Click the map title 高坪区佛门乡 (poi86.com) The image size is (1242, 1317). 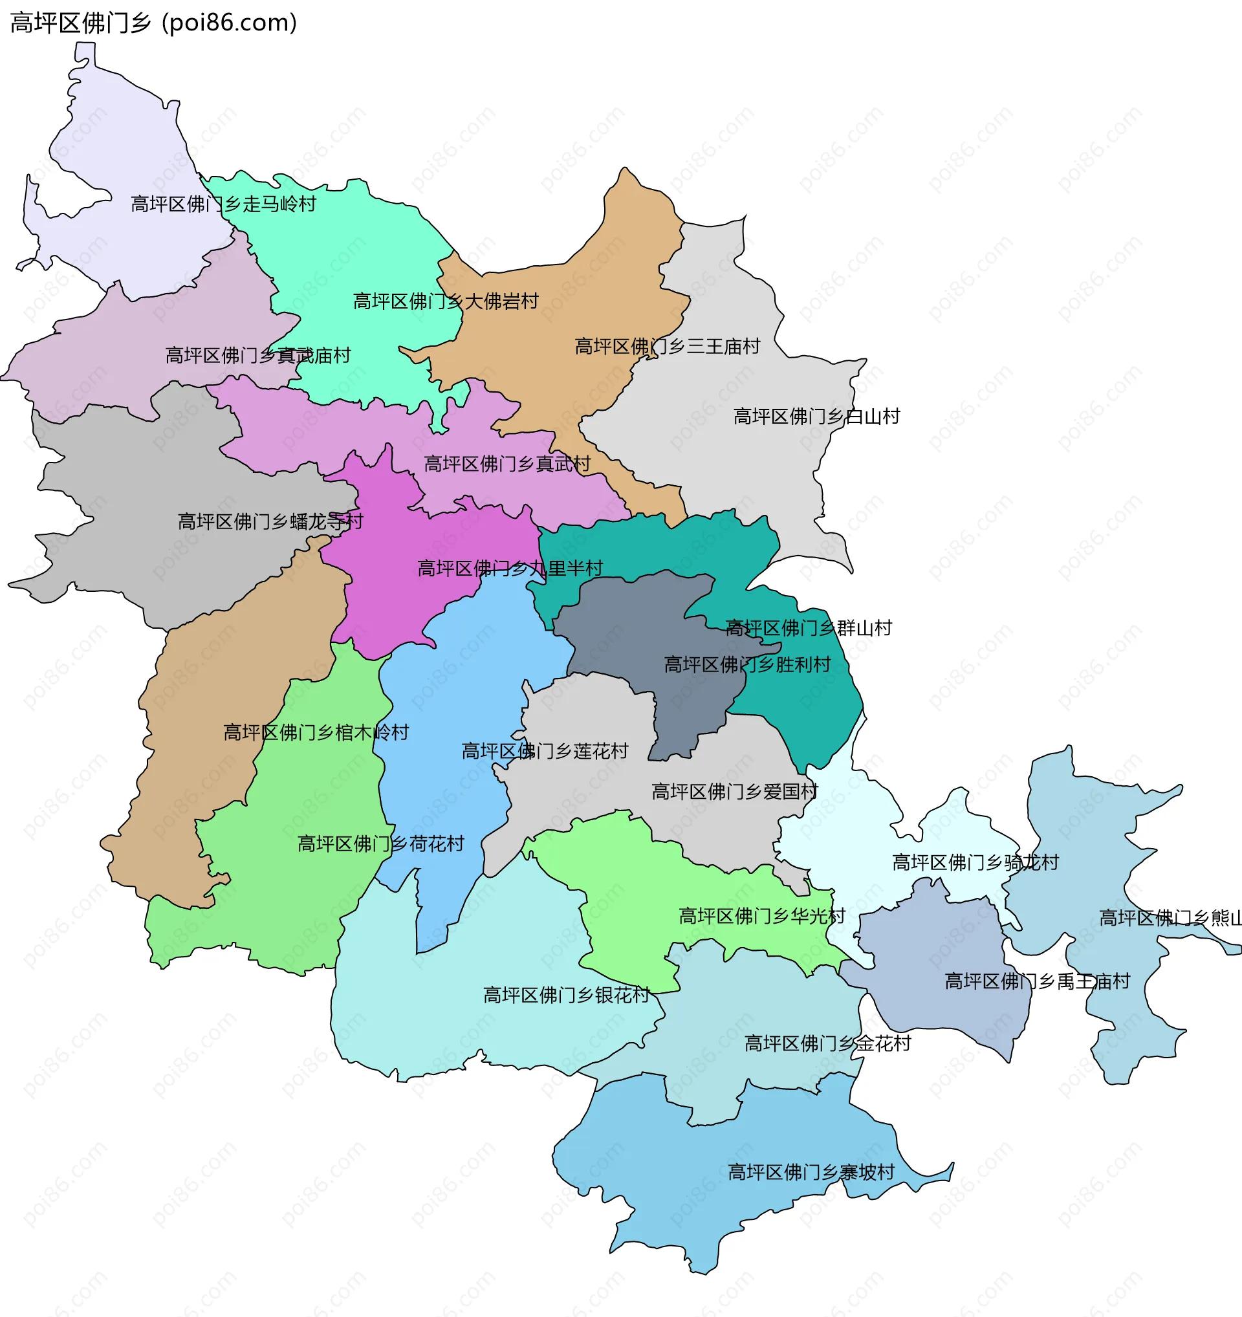tap(154, 23)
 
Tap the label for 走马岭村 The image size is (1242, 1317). tap(223, 204)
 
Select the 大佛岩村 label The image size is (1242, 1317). tap(446, 301)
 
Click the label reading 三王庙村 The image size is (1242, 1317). tap(667, 347)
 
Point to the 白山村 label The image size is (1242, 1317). tap(816, 417)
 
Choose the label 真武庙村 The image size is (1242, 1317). tap(257, 356)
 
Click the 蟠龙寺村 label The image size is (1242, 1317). tap(270, 521)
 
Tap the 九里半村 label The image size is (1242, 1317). tap(510, 569)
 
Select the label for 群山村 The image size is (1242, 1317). tap(808, 628)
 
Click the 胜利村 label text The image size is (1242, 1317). tap(747, 664)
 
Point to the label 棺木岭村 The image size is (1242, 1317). tap(316, 733)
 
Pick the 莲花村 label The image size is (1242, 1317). tap(545, 751)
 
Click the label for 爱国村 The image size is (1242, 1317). tap(735, 792)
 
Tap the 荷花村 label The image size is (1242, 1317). tap(381, 844)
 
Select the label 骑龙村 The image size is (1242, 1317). tap(975, 862)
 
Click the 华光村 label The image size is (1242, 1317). tap(762, 916)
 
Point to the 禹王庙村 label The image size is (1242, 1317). tap(1037, 981)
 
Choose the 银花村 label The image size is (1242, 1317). tap(567, 995)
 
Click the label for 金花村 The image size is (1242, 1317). tap(827, 1043)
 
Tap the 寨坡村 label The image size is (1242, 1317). tap(811, 1172)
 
